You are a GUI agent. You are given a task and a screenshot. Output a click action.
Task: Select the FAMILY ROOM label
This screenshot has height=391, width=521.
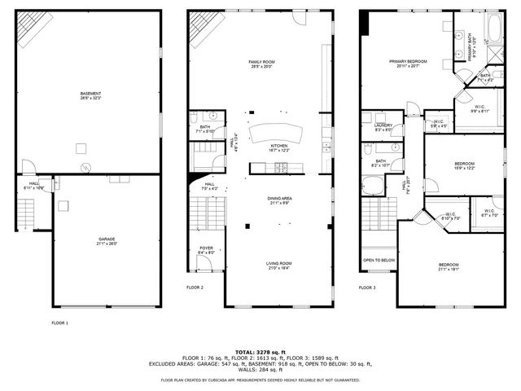tap(262, 64)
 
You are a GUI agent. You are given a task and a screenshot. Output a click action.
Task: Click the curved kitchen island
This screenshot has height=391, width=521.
tap(269, 134)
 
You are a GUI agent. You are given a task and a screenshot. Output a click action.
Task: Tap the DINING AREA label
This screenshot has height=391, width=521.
tap(279, 200)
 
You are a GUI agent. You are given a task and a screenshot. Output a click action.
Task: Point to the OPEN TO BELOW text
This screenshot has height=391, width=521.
tap(379, 261)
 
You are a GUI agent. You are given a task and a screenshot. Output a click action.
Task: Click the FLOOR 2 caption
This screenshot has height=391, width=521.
tap(195, 288)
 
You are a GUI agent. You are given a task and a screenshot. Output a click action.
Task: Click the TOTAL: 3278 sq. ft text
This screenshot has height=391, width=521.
tap(260, 351)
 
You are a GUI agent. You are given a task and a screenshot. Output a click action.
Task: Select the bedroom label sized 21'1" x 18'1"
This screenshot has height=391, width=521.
tap(449, 267)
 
